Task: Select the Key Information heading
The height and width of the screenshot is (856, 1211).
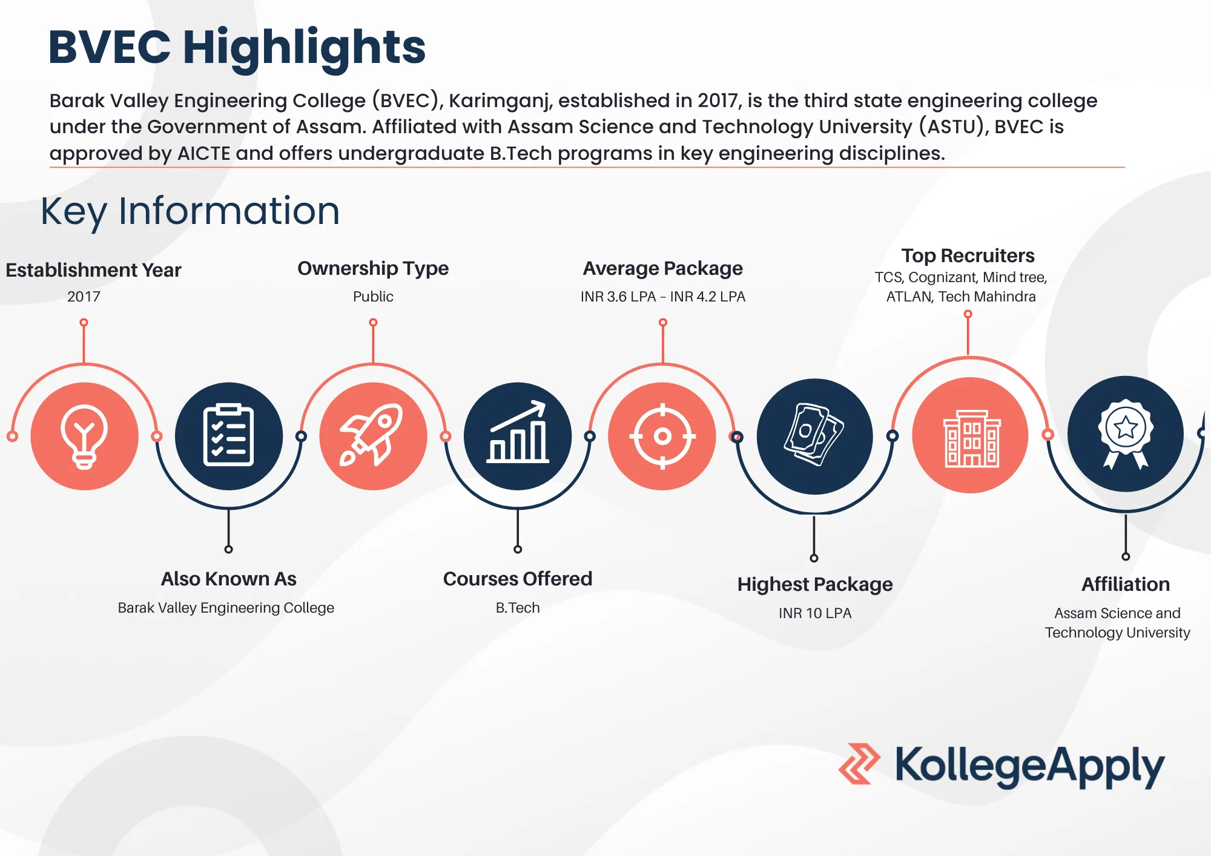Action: click(x=190, y=211)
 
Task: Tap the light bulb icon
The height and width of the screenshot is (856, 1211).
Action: click(x=84, y=436)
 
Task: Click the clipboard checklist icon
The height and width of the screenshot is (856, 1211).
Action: click(x=228, y=436)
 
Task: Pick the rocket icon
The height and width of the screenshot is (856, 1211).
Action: click(x=373, y=436)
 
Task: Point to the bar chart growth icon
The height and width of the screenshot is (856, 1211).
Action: click(x=518, y=436)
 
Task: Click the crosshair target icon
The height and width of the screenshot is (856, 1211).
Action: click(x=662, y=436)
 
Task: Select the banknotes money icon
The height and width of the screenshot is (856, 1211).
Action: click(x=814, y=436)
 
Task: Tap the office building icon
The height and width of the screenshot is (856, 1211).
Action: click(x=971, y=436)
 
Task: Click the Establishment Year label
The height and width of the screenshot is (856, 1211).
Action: click(x=93, y=270)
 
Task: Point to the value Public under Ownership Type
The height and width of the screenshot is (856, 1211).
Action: click(x=373, y=297)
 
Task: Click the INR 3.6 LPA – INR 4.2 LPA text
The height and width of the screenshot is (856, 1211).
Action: click(x=662, y=297)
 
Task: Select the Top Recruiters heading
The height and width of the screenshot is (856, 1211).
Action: click(x=968, y=255)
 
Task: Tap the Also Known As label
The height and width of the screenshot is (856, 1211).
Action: click(x=228, y=579)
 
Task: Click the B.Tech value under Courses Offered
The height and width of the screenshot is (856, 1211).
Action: click(x=518, y=608)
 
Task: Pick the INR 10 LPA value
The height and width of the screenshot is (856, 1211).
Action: click(x=814, y=613)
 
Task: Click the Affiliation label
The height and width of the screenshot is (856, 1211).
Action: click(x=1126, y=584)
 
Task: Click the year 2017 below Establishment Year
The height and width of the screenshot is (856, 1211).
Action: click(x=84, y=297)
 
